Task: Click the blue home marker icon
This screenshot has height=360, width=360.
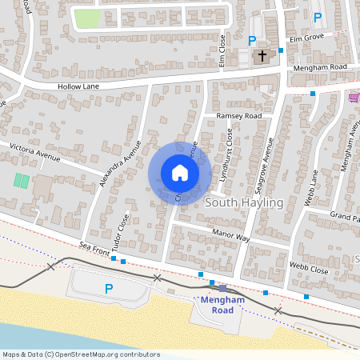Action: coord(179,172)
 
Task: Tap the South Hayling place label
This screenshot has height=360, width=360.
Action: coord(244,202)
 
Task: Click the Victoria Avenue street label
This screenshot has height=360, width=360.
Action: coord(34,151)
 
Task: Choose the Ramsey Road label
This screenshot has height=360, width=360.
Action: coord(239,116)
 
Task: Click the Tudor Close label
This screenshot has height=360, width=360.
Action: coord(122,232)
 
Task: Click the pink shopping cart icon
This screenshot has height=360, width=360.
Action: coord(354,97)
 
